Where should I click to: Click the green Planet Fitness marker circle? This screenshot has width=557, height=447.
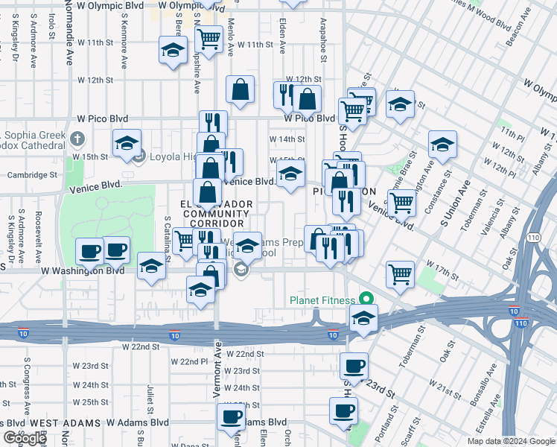366,299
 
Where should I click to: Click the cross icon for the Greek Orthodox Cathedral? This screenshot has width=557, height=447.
77,139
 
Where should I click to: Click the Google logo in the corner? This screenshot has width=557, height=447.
25,438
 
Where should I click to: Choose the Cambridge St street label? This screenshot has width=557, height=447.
32,175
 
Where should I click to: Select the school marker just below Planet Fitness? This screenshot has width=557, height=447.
363,318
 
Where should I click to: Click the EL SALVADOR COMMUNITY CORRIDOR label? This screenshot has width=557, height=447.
215,213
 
